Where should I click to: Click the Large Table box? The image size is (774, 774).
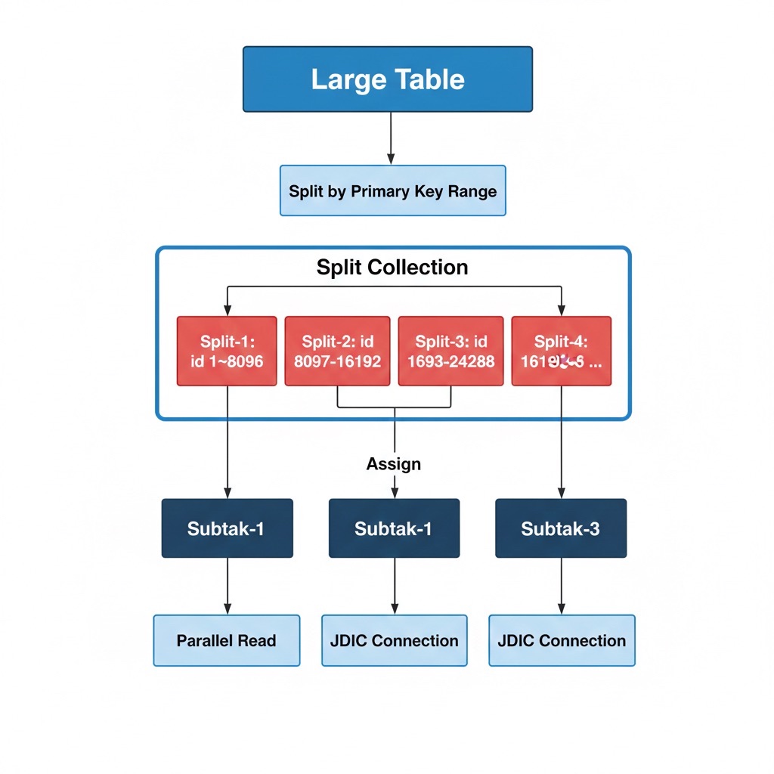pos(387,79)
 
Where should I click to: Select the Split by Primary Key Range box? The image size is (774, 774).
pos(392,190)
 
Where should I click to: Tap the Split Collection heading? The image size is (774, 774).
pos(392,267)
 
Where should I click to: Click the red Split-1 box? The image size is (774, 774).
pos(227,351)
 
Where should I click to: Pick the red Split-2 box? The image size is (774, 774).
pos(337,351)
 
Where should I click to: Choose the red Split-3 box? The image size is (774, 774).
pos(450,351)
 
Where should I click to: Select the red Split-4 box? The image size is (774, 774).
pos(561,351)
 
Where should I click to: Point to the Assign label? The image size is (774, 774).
pos(393,463)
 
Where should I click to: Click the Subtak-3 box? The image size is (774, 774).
pos(560,528)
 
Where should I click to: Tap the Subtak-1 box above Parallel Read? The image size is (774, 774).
pos(227,528)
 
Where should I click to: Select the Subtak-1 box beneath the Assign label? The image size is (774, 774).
pos(394,528)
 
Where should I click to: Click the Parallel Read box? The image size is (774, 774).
pos(227,640)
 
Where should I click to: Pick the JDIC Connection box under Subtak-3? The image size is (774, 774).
pos(562,640)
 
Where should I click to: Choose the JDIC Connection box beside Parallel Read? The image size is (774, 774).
pos(394,640)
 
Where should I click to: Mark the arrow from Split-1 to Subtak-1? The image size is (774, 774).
pos(228,442)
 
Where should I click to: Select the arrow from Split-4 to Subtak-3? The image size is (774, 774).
pos(561,442)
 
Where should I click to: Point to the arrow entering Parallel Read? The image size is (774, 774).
pos(228,587)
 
